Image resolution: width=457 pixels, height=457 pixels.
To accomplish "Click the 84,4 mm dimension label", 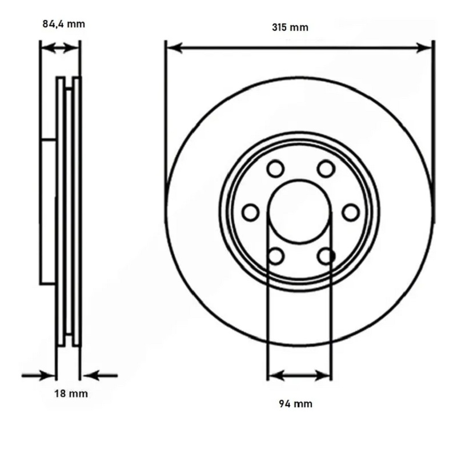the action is pyautogui.click(x=64, y=24).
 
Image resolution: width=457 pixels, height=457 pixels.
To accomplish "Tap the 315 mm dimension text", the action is pyautogui.click(x=290, y=27).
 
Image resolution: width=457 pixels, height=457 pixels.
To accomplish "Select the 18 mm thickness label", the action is pyautogui.click(x=71, y=394).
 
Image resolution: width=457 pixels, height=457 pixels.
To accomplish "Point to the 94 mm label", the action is pyautogui.click(x=295, y=404).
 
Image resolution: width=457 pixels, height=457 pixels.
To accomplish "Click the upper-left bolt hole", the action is pyautogui.click(x=275, y=169).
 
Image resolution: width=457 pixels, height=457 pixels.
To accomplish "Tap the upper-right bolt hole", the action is pyautogui.click(x=326, y=169).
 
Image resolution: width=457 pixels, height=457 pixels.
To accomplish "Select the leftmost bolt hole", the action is pyautogui.click(x=250, y=213).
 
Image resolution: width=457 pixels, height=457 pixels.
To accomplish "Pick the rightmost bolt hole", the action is pyautogui.click(x=351, y=213).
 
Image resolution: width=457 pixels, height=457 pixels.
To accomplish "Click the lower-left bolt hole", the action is pyautogui.click(x=275, y=256).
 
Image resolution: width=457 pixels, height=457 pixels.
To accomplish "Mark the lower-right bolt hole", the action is pyautogui.click(x=326, y=256).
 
